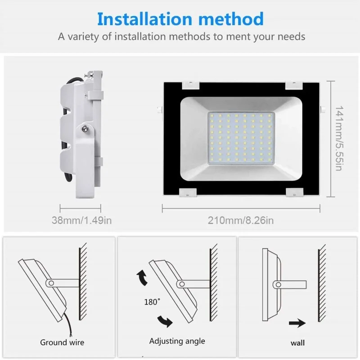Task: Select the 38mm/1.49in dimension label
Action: (82, 220)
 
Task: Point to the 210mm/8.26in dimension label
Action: (241, 220)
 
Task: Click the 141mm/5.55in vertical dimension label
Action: (339, 138)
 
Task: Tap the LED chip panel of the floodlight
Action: (241, 138)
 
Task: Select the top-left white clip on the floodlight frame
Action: (190, 85)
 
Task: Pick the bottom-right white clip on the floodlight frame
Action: (295, 192)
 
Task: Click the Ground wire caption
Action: (62, 342)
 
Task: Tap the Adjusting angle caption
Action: (177, 341)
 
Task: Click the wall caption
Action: (297, 343)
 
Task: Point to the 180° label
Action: (152, 302)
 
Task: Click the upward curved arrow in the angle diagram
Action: (142, 277)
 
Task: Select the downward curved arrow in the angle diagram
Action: (165, 321)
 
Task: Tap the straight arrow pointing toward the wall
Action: (297, 323)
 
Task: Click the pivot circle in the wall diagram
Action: (278, 285)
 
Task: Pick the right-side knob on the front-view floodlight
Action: (323, 109)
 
